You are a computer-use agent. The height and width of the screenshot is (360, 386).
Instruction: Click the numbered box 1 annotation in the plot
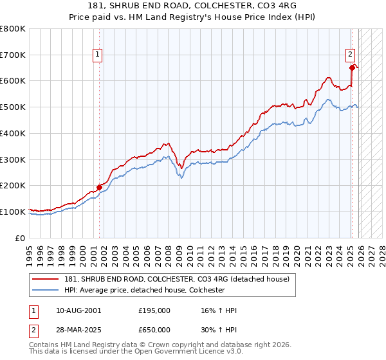pos(97,55)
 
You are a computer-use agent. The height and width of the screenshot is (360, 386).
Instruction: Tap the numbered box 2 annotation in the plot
pos(351,55)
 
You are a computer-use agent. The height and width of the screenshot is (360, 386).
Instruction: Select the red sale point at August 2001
pos(100,187)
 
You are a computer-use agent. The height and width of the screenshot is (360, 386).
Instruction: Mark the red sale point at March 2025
pos(352,67)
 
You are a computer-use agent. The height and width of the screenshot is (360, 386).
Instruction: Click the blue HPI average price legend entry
pos(144,290)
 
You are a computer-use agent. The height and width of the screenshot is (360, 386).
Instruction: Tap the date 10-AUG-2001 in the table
pos(78,310)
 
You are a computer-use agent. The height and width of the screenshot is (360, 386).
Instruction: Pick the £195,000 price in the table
pos(154,310)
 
